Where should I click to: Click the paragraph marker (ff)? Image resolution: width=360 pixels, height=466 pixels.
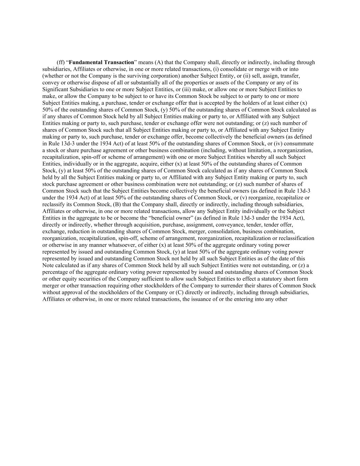(x=60, y=62)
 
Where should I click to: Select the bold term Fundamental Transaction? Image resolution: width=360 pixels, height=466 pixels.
(x=101, y=62)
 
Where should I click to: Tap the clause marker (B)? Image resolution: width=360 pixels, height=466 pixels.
(x=117, y=204)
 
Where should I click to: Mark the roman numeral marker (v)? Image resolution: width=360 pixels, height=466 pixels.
(x=259, y=198)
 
